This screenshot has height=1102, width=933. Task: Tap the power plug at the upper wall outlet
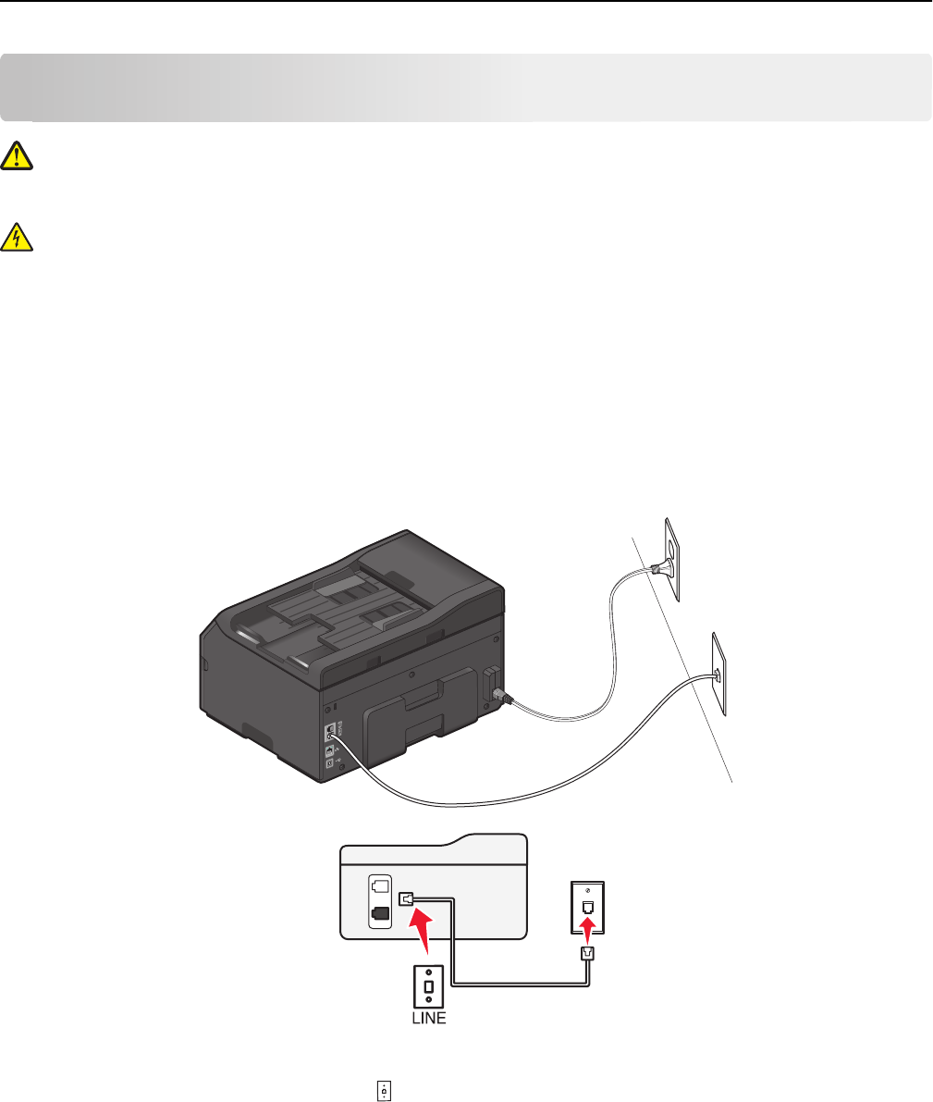tap(658, 570)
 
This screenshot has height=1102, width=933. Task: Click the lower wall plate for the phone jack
tap(718, 674)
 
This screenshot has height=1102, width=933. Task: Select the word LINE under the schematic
tap(428, 1018)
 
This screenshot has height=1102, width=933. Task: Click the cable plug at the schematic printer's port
tap(406, 898)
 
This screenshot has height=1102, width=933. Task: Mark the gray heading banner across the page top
tap(466, 87)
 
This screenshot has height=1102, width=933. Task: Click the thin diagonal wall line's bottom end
tap(732, 783)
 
